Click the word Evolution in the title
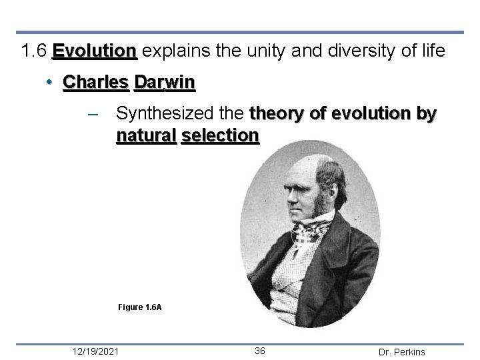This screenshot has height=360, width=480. pyautogui.click(x=95, y=51)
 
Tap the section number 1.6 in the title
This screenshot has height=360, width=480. pyautogui.click(x=34, y=51)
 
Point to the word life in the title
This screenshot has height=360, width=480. pyautogui.click(x=431, y=51)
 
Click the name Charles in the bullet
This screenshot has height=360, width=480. pyautogui.click(x=95, y=82)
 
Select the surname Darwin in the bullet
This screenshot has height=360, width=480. pyautogui.click(x=164, y=82)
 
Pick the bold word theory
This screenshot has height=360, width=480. pyautogui.click(x=278, y=114)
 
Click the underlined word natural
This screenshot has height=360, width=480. pyautogui.click(x=146, y=136)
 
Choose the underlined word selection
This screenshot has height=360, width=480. pyautogui.click(x=219, y=136)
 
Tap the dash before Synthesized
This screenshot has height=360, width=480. pyautogui.click(x=94, y=115)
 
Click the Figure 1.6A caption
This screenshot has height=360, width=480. pyautogui.click(x=139, y=307)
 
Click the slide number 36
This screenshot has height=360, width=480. pyautogui.click(x=260, y=351)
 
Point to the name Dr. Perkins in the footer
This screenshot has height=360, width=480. pyautogui.click(x=401, y=351)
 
